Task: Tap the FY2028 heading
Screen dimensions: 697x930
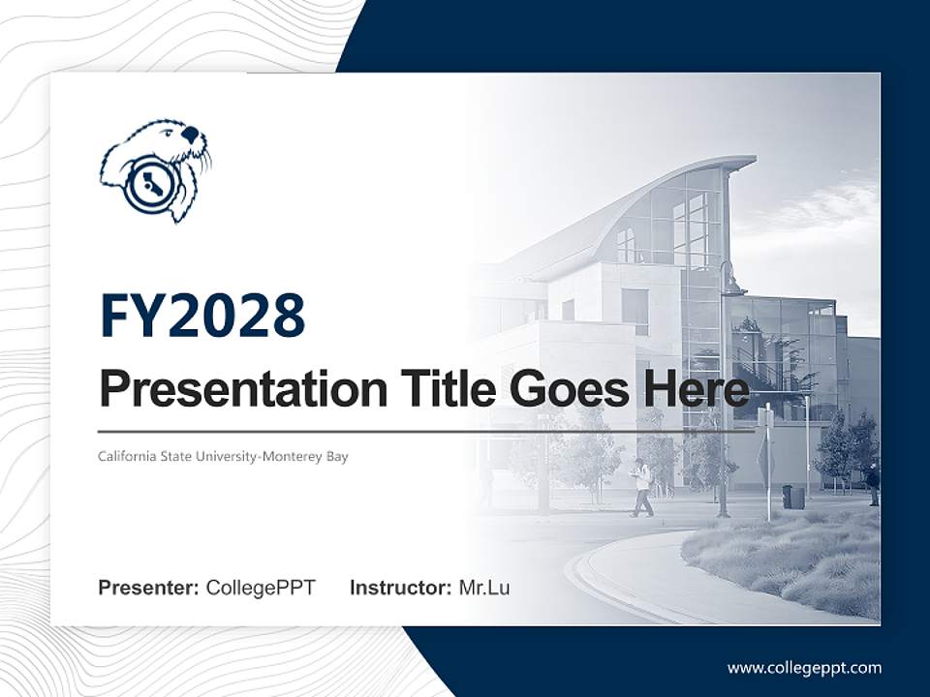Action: coord(201,316)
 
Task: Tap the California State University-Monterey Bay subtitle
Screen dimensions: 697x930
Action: coord(223,456)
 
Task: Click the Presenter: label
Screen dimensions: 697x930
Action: coord(149,588)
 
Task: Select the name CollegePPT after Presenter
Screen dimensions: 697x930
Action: coord(261,588)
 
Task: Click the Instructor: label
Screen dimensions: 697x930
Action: coord(400,588)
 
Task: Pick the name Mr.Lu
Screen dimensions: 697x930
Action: coord(483,588)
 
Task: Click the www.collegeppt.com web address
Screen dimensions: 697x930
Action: coord(804,667)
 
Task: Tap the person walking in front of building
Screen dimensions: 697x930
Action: coord(641,488)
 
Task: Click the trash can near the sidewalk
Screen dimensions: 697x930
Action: coord(792,497)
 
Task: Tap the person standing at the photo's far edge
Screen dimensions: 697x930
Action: coord(873,484)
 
